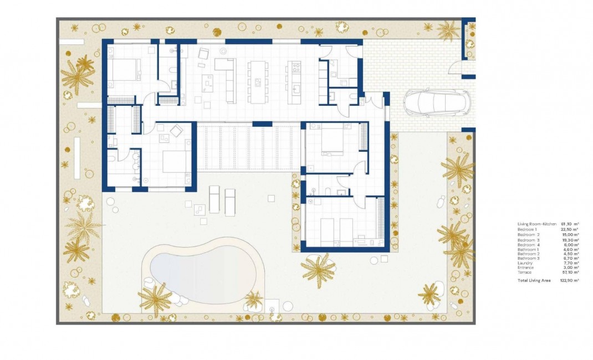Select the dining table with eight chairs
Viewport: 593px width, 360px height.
(257, 81)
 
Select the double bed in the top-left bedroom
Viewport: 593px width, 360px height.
(124, 70)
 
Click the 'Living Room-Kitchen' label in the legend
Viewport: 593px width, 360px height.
(536, 224)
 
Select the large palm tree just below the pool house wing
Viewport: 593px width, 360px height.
(318, 270)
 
